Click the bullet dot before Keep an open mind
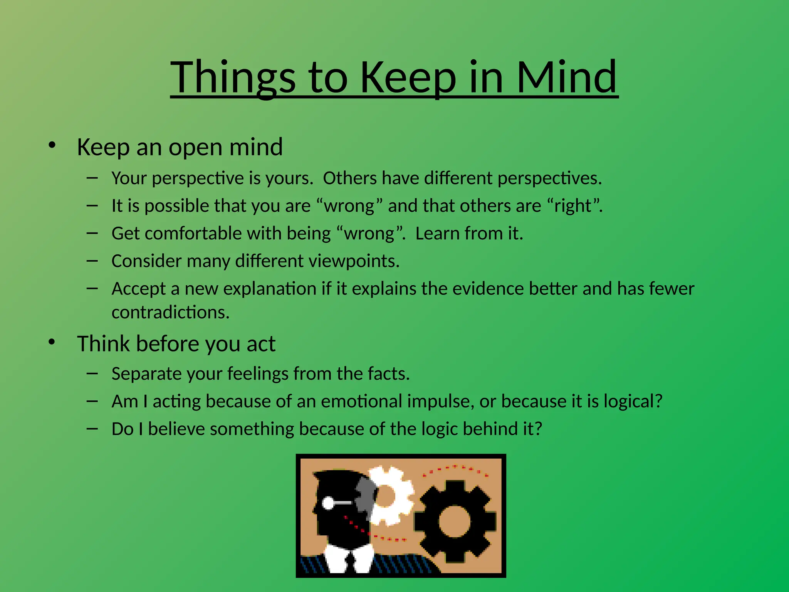coord(52,145)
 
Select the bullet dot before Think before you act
coord(52,342)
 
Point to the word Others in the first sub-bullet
coord(350,178)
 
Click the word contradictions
coord(170,312)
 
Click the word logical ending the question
coord(633,401)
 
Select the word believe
coord(176,429)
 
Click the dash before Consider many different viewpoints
coord(92,261)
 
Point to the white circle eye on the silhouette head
coord(328,503)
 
